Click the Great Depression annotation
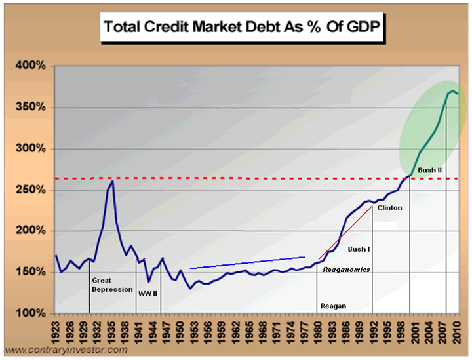pyautogui.click(x=112, y=285)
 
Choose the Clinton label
pyautogui.click(x=389, y=208)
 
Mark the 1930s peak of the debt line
pyautogui.click(x=112, y=181)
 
